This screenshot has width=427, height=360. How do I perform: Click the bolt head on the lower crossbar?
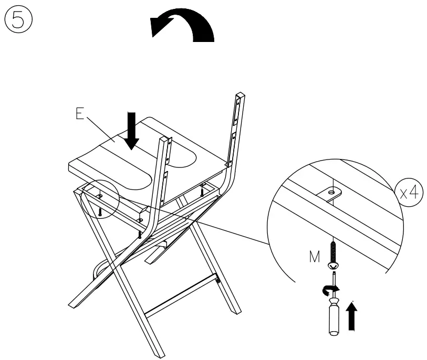coord(218,281)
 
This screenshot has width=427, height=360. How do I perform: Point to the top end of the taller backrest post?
coord(239,97)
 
